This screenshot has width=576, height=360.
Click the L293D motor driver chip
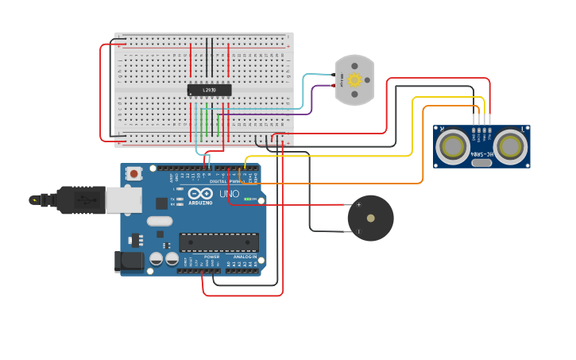pyautogui.click(x=209, y=90)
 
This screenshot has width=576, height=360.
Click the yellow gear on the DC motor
pyautogui.click(x=354, y=79)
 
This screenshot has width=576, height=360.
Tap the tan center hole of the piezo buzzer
pyautogui.click(x=370, y=218)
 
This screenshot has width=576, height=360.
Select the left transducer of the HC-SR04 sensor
pyautogui.click(x=453, y=146)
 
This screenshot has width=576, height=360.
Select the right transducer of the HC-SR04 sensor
pyautogui.click(x=509, y=146)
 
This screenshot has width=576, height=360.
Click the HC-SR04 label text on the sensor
pyautogui.click(x=481, y=153)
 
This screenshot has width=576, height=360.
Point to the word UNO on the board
pyautogui.click(x=229, y=194)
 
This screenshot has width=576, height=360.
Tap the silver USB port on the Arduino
pyautogui.click(x=122, y=200)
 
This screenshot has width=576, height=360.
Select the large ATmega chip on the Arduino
pyautogui.click(x=218, y=242)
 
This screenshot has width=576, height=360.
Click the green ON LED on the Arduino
pyautogui.click(x=249, y=198)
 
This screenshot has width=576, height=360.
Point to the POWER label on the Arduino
pyautogui.click(x=211, y=257)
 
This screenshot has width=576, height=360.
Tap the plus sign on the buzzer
pyautogui.click(x=358, y=205)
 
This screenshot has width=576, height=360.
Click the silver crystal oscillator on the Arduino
pyautogui.click(x=159, y=222)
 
